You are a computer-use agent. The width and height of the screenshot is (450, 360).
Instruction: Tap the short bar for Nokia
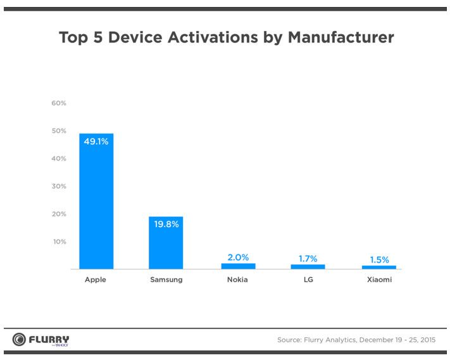pos(239,266)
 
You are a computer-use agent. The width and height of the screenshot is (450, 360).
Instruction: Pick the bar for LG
pos(308,267)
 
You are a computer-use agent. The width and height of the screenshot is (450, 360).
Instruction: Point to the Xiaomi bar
pos(379,267)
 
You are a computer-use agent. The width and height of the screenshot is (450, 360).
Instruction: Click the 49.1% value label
pos(96,142)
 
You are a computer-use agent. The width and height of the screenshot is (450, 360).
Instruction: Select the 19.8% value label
pos(166,224)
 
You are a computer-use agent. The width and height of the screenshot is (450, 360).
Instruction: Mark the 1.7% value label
pos(308,258)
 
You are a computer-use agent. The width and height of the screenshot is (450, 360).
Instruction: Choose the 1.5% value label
pos(379,259)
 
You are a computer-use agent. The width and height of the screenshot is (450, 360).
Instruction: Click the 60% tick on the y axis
pos(59,103)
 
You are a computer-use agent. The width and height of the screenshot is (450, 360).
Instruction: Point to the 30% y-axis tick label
pos(59,186)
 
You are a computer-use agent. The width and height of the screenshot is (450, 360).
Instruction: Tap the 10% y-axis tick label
pos(59,242)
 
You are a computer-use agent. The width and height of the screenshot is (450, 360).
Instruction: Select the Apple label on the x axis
pos(96,280)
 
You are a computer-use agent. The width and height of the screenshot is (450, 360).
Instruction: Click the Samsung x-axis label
pos(166,280)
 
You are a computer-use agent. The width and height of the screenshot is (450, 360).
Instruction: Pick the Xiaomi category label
pos(379,280)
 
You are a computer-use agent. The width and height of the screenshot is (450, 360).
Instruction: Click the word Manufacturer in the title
pos(341,37)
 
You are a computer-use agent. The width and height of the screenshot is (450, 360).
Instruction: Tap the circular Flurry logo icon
pos(19,340)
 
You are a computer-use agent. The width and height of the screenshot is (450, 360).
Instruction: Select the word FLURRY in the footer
pos(49,338)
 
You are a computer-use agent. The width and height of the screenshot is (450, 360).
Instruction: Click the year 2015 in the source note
pos(425,340)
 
